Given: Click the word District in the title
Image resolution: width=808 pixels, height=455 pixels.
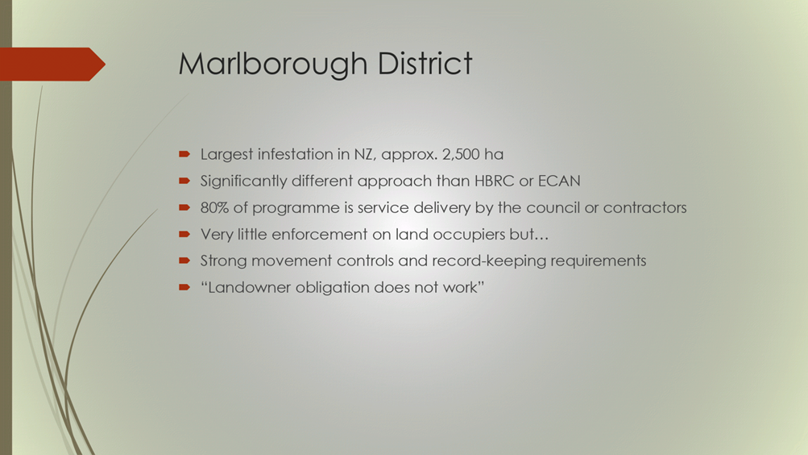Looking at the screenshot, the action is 425,64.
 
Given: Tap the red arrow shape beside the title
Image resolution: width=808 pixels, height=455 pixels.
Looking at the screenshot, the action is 52,64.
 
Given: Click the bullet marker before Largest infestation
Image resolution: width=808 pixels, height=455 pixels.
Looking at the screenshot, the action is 184,154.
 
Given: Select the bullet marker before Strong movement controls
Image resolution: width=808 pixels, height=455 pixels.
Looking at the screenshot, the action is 184,261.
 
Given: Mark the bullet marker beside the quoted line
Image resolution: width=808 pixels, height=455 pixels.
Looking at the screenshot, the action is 184,287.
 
